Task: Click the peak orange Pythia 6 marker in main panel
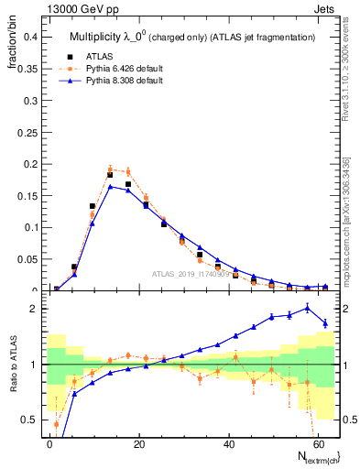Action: coord(110,169)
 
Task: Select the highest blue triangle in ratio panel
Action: coord(307,308)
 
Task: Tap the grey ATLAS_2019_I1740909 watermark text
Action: coord(191,275)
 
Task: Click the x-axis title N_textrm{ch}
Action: coord(313,456)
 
